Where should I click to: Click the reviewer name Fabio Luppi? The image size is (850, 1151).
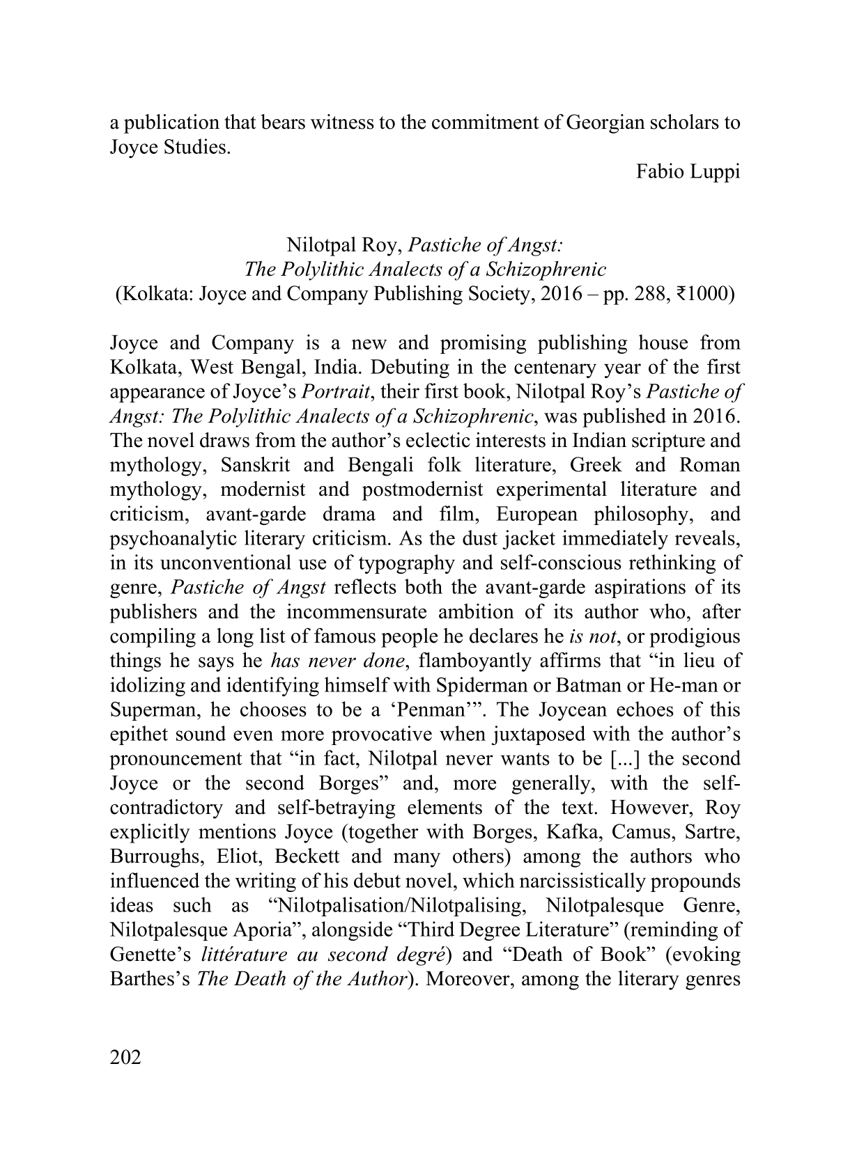click(x=688, y=172)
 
